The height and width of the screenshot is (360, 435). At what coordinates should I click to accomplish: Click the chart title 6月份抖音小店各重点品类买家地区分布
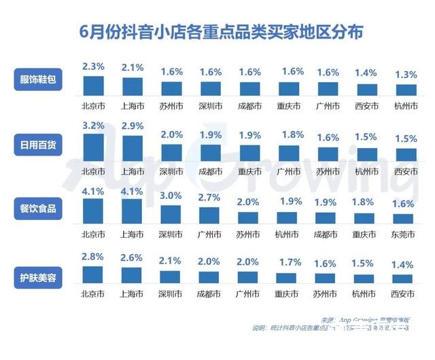click(217, 32)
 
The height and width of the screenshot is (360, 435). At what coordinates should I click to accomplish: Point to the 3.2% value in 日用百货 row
click(92, 126)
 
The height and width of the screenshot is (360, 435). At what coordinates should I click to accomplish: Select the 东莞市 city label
click(406, 235)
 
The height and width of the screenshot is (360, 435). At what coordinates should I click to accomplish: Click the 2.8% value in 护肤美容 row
click(92, 257)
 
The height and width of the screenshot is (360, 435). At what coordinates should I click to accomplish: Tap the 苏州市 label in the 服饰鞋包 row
click(171, 107)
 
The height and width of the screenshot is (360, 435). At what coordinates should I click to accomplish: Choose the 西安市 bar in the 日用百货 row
click(406, 154)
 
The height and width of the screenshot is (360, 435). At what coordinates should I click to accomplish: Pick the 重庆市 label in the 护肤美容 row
click(289, 295)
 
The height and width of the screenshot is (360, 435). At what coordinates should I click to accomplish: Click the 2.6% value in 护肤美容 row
click(132, 259)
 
